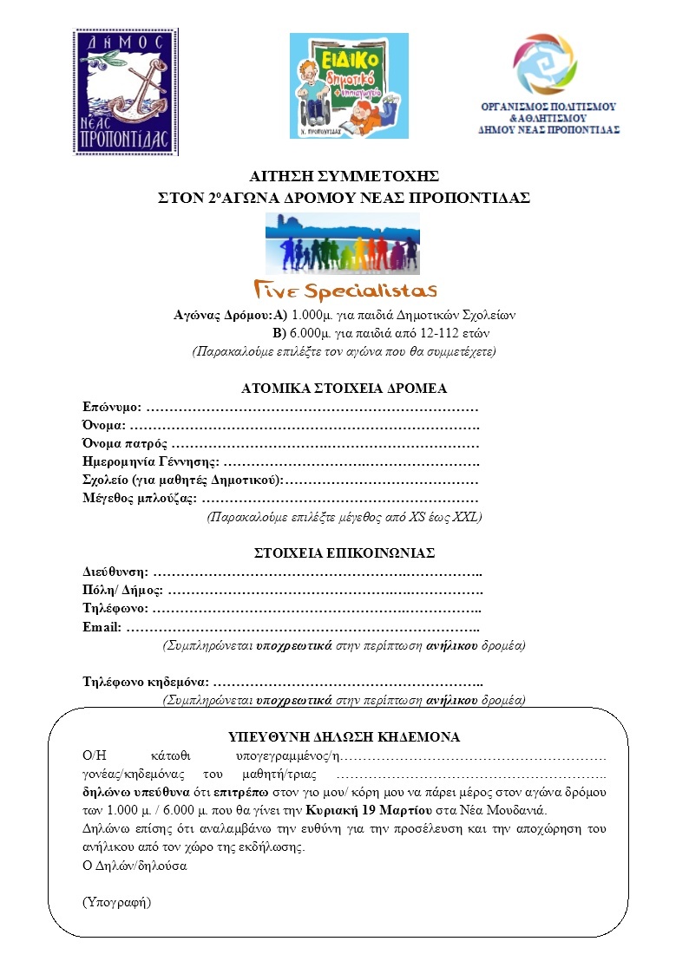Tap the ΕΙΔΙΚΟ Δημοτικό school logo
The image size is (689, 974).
pyautogui.click(x=348, y=85)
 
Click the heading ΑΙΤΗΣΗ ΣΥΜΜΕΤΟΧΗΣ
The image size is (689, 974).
pyautogui.click(x=344, y=177)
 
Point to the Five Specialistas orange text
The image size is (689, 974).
pyautogui.click(x=344, y=289)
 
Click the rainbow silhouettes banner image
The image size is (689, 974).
pyautogui.click(x=343, y=244)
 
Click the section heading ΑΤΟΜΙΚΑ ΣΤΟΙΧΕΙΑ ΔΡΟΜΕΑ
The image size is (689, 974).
pyautogui.click(x=344, y=389)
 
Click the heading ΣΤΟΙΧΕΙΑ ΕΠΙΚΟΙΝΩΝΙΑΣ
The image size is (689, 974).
pyautogui.click(x=344, y=552)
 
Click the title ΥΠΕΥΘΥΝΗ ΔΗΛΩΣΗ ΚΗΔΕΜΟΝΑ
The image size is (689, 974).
pyautogui.click(x=344, y=737)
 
